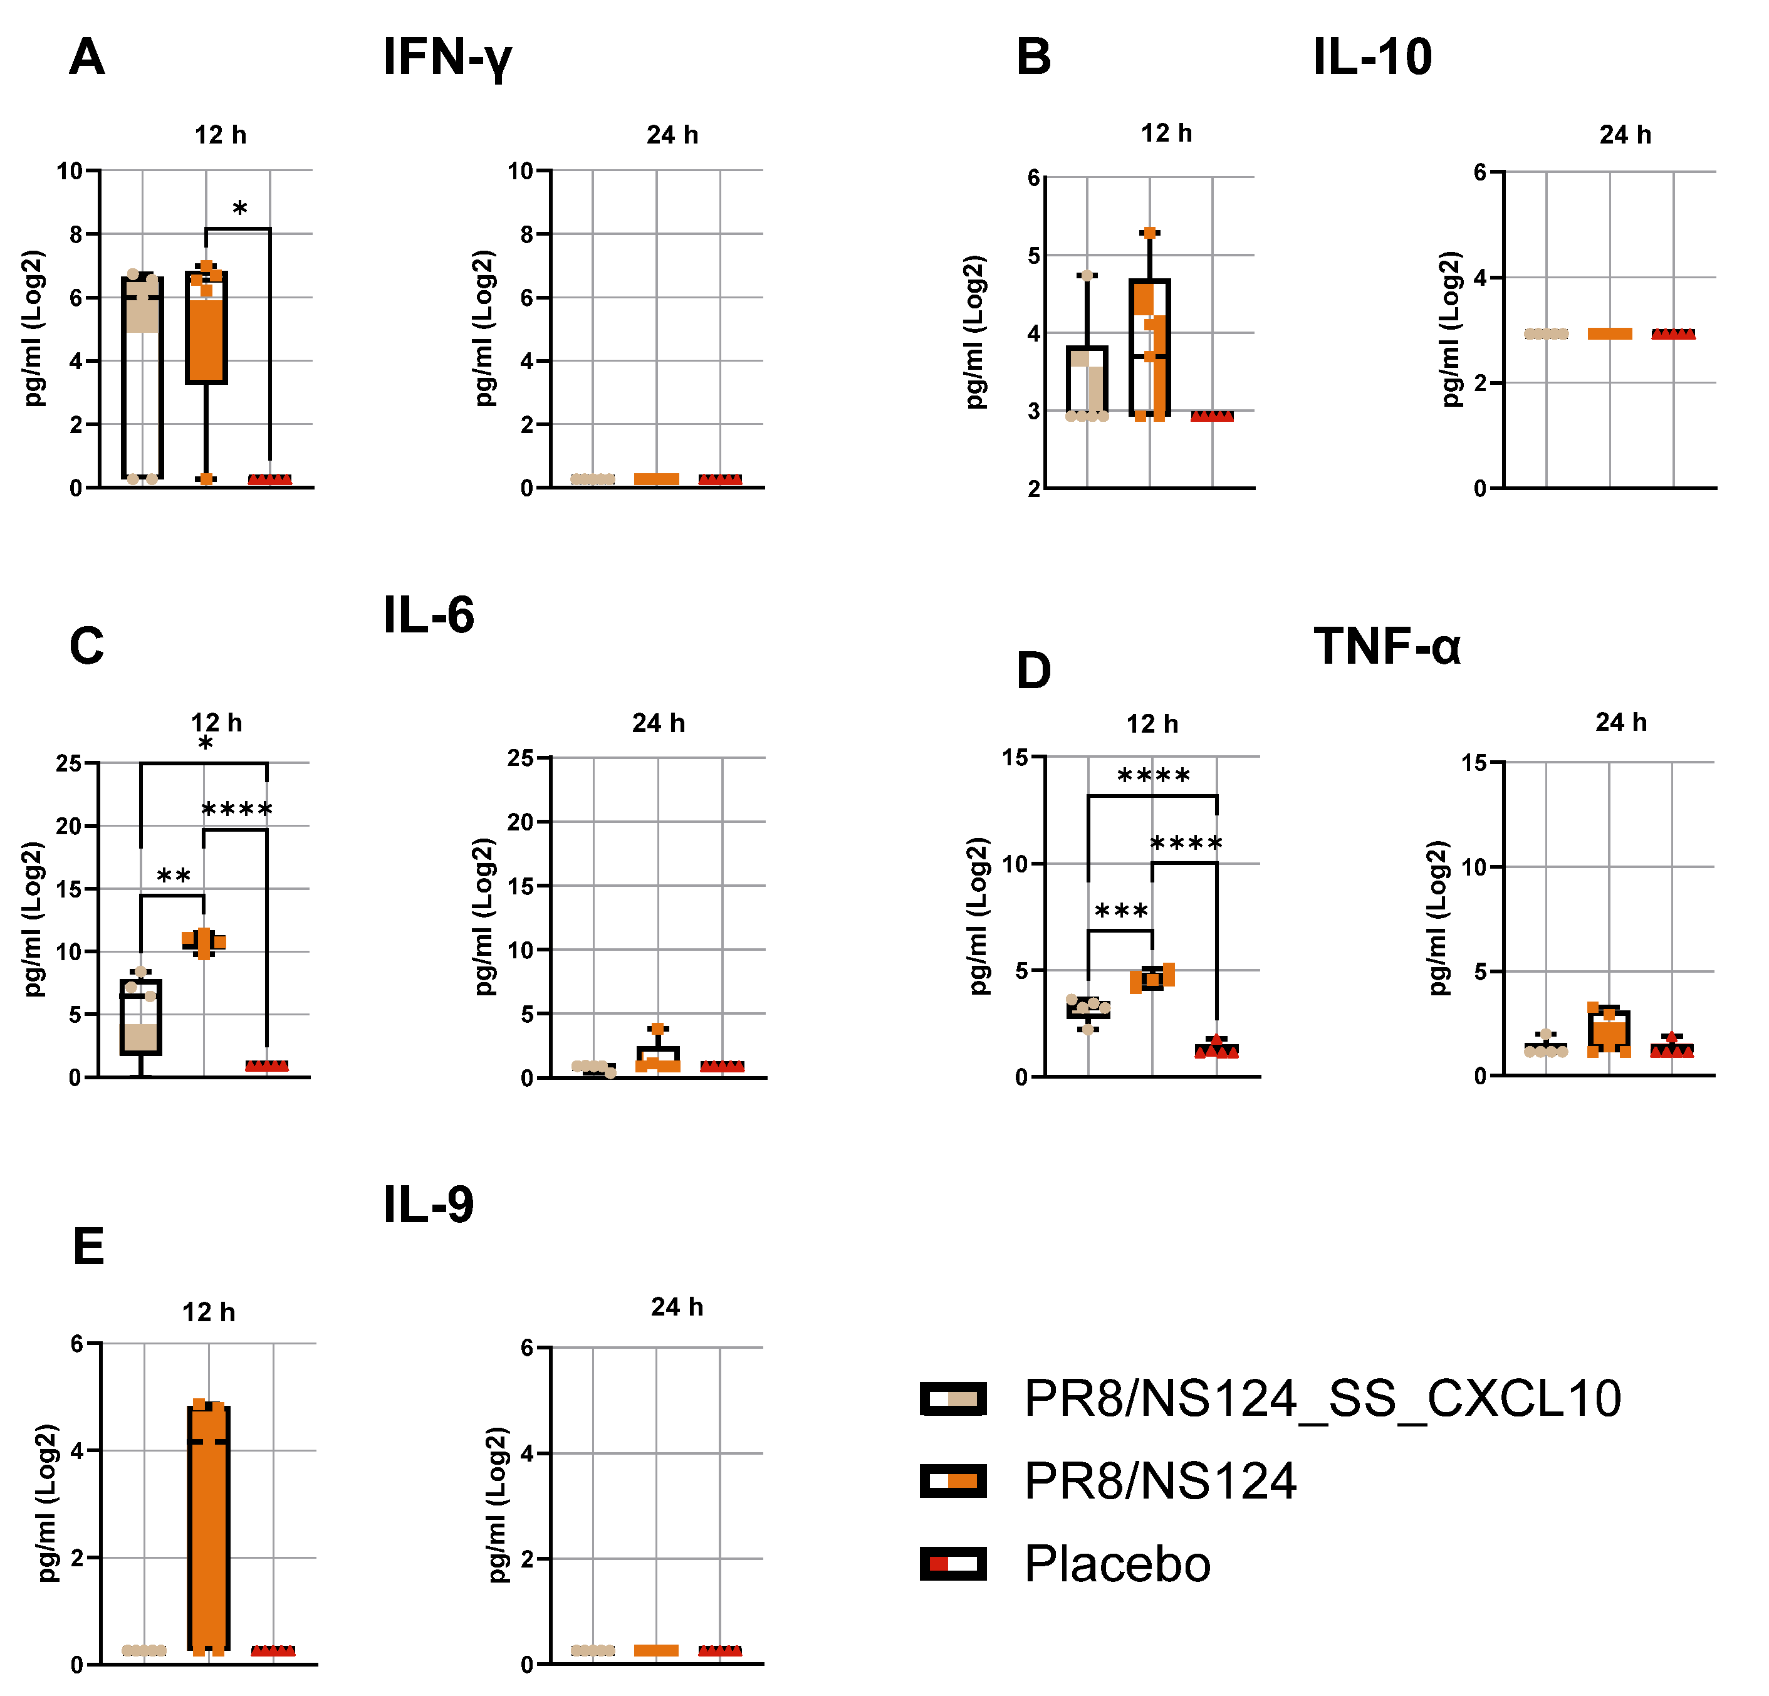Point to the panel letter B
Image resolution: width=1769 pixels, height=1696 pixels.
coord(1033,58)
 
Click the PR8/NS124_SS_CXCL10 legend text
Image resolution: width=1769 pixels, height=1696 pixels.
coord(1322,1399)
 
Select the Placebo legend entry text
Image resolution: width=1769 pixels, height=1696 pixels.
coord(1117,1564)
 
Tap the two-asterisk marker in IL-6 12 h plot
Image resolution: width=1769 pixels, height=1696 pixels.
coord(174,876)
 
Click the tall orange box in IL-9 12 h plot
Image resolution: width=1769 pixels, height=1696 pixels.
coord(209,1534)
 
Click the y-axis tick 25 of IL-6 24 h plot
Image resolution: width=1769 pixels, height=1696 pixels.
coord(521,758)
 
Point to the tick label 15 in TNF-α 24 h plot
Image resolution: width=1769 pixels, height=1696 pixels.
coord(1474,763)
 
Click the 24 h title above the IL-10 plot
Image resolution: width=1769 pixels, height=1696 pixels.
coord(1625,135)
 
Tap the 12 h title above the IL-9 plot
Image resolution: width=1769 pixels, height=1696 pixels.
coord(209,1312)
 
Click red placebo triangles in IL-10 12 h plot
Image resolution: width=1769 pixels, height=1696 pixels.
coord(1211,416)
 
